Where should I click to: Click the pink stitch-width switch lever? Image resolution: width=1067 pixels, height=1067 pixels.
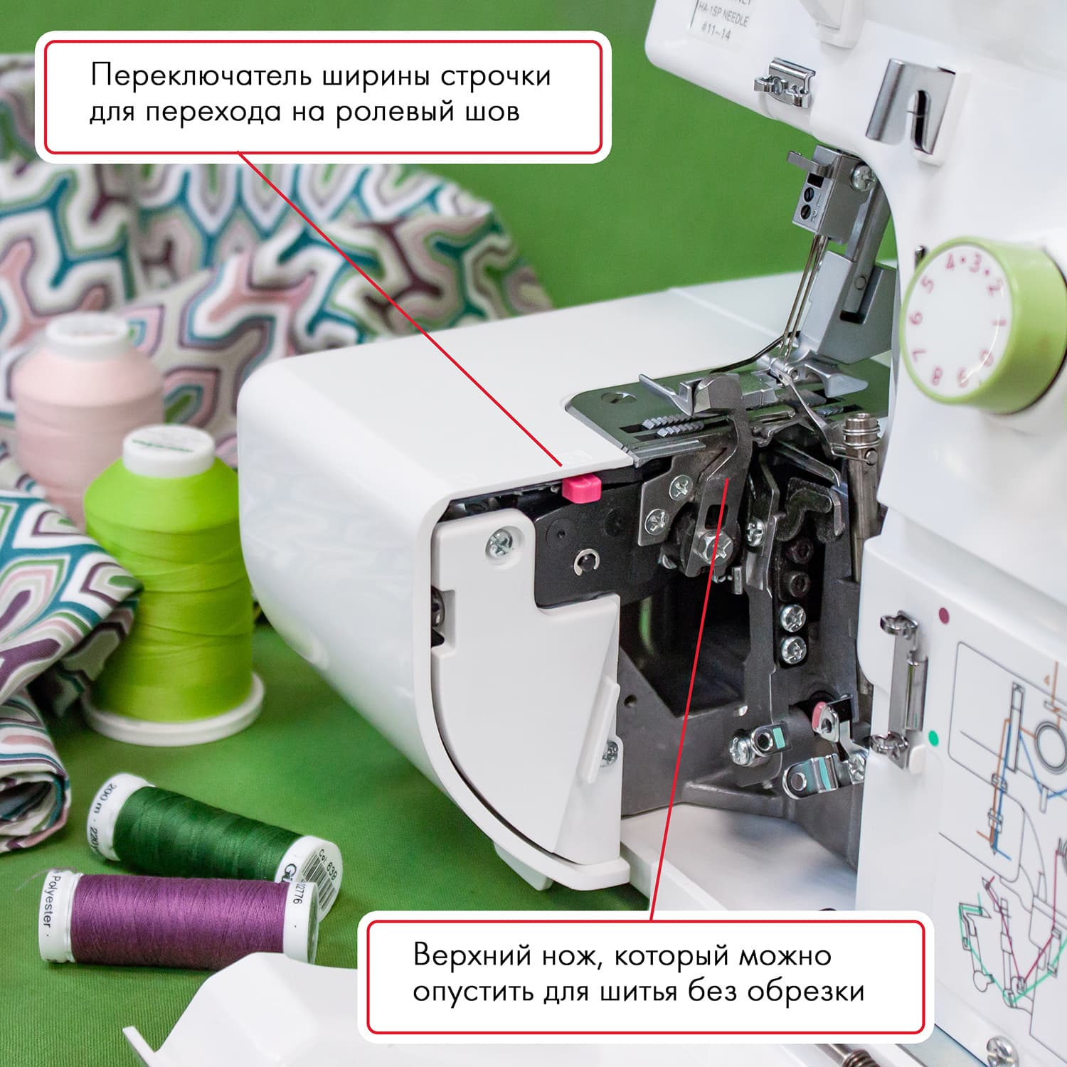tap(581, 489)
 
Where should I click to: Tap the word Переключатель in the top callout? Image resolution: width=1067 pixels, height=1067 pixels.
tap(201, 76)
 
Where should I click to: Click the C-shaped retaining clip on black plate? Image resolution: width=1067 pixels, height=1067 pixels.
tap(585, 562)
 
